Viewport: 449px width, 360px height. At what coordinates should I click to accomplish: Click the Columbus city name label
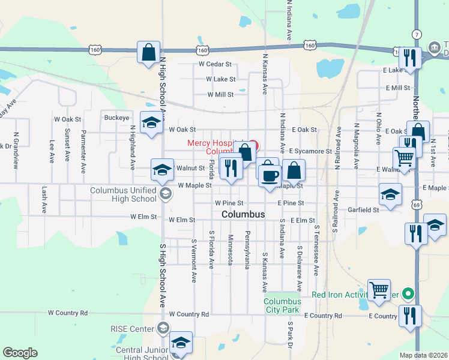pos(243,214)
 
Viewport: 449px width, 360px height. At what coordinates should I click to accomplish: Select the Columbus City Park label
pos(282,305)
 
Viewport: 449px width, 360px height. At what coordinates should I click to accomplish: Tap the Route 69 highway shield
pos(416,205)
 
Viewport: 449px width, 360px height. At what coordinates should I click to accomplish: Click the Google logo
pos(20,353)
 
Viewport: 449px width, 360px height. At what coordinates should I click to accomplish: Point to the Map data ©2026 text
pos(423,355)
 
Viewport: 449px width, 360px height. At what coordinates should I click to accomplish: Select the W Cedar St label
pos(215,64)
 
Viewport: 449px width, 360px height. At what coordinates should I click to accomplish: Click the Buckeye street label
pos(116,118)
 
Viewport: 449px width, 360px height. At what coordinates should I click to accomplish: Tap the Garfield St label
pos(364,210)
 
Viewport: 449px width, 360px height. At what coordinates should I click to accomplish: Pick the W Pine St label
pos(228,203)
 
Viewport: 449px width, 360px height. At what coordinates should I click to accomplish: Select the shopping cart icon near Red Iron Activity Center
pos(379,290)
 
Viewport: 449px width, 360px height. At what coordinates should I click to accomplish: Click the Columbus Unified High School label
pos(123,194)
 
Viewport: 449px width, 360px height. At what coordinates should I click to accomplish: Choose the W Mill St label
pos(220,94)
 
